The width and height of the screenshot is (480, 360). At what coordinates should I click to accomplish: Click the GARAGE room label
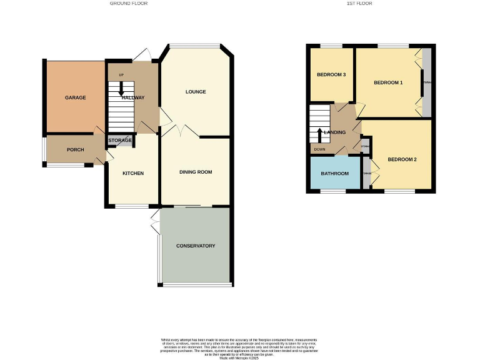point(76,97)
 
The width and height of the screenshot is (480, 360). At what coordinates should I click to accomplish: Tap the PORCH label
point(75,150)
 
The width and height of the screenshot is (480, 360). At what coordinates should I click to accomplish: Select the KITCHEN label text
point(132,173)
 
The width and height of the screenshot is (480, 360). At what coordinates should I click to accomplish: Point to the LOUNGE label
point(195,92)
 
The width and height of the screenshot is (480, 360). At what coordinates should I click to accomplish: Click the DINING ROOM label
point(196,172)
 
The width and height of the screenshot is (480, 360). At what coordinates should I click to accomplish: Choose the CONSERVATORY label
point(195,246)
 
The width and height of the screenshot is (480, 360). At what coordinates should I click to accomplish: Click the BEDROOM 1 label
point(388,82)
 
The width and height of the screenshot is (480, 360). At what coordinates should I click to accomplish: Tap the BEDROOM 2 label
point(402,159)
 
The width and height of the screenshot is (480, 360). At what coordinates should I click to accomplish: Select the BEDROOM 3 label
point(331,75)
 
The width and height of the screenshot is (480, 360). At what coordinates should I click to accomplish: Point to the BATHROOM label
point(334,172)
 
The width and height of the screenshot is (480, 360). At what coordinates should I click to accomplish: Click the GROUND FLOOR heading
point(129,4)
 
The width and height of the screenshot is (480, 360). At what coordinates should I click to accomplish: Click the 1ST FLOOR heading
point(359,4)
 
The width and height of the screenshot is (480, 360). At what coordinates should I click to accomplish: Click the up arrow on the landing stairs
point(319,134)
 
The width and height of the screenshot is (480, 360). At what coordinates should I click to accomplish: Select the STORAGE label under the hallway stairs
point(120,141)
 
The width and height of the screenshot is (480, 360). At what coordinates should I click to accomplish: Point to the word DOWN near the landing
point(319,149)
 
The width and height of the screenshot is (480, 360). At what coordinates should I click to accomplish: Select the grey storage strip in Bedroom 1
point(427,83)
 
